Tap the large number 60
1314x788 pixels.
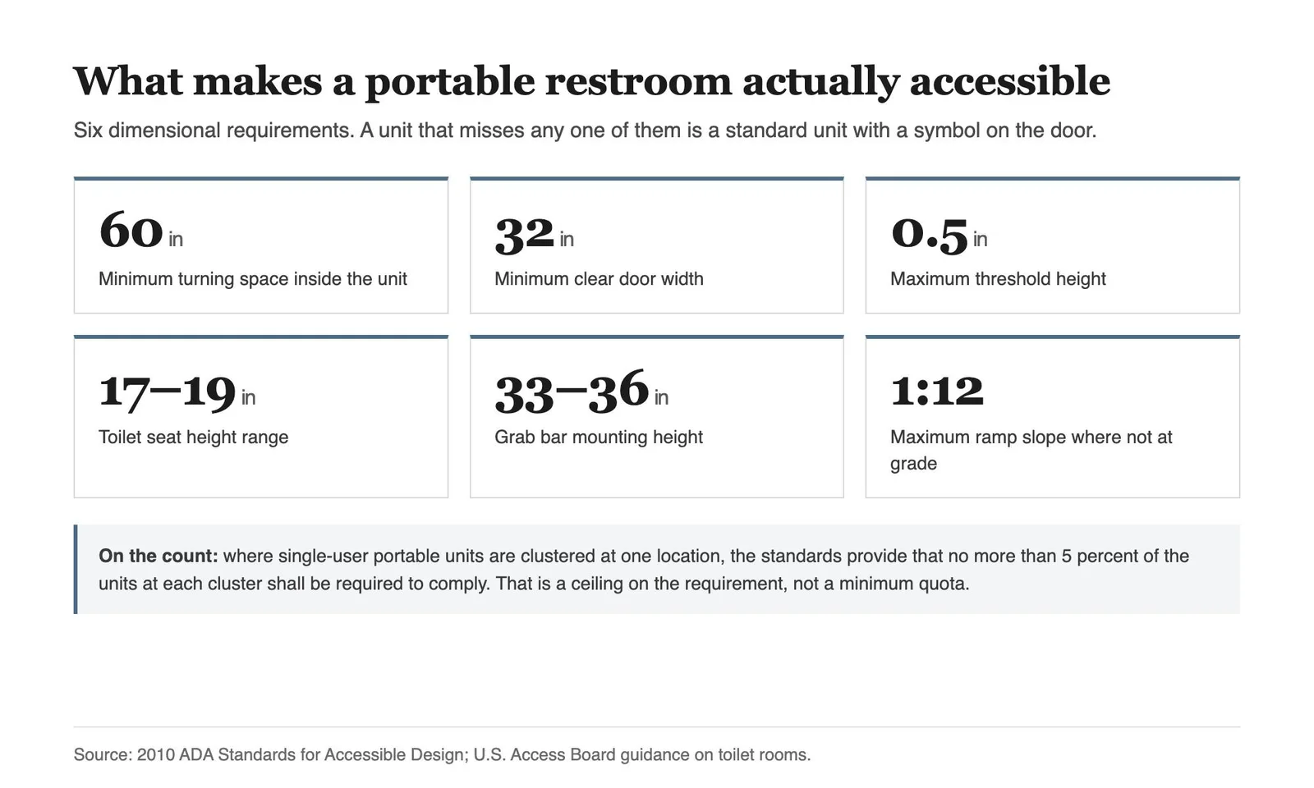point(131,231)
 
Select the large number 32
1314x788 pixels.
point(524,235)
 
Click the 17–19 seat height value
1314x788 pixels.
point(168,391)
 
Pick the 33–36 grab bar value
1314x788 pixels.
point(572,391)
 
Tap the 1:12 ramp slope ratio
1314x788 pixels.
point(937,390)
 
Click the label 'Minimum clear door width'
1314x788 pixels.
point(599,278)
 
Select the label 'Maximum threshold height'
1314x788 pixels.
point(998,278)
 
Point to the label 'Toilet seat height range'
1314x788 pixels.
point(194,437)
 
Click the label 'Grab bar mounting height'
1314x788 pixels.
point(599,437)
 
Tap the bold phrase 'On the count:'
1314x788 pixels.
point(158,556)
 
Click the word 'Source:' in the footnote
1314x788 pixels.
point(103,754)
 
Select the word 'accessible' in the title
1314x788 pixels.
point(1009,81)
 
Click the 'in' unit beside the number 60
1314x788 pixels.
point(176,239)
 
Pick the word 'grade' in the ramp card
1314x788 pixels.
point(913,464)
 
